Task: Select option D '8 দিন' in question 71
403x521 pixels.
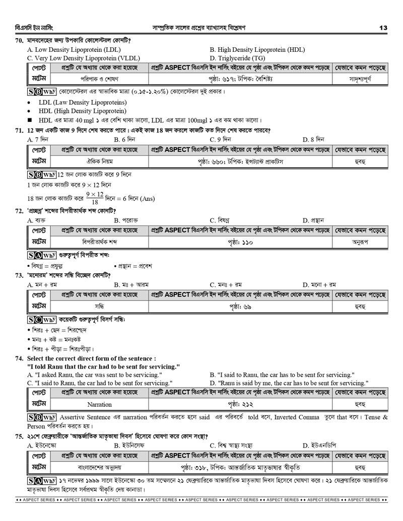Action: (313, 139)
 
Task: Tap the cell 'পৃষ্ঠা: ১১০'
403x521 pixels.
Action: (240, 242)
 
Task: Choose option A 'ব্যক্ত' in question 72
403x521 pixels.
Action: (37, 220)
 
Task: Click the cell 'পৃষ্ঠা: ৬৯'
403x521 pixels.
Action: (240, 307)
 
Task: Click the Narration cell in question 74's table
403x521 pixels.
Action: (100, 404)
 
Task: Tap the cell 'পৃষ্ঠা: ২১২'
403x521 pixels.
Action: (240, 404)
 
